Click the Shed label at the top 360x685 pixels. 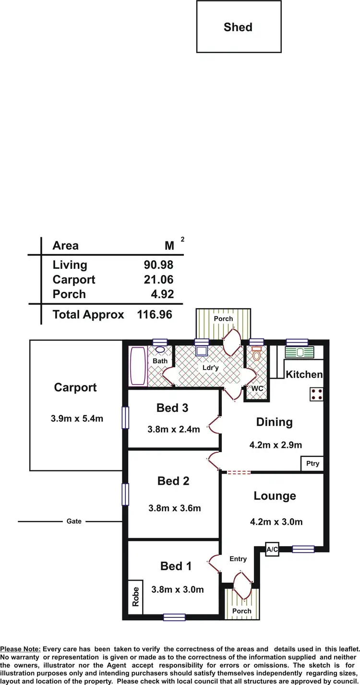pos(238,27)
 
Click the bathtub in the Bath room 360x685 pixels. pos(138,366)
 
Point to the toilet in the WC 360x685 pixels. pos(257,355)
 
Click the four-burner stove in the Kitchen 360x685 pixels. pos(317,395)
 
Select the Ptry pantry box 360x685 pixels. pos(312,464)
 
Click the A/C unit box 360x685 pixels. pos(272,550)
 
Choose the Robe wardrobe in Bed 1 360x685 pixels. pos(136,596)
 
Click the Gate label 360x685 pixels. pos(74,521)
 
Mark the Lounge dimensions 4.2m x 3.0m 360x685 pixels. pos(276,522)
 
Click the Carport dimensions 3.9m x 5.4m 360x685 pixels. pos(77,419)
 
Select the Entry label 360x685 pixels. pos(238,559)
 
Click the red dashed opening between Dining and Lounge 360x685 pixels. pos(239,473)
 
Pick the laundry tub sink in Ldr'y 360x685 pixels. pos(202,350)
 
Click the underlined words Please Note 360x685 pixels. pos(21,649)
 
